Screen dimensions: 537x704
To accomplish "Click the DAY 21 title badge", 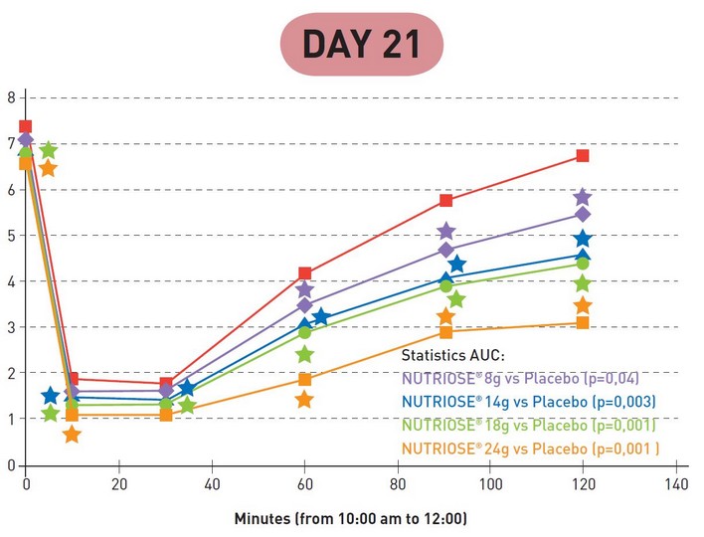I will click(359, 44).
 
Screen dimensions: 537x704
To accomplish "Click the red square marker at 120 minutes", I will click(583, 155).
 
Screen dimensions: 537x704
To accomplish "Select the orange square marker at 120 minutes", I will click(583, 322).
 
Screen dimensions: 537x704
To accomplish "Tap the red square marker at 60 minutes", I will click(304, 272).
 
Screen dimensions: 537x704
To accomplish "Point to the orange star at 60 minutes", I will click(304, 400).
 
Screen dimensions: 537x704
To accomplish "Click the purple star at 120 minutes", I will click(583, 197).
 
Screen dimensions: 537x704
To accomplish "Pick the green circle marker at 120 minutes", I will click(583, 264).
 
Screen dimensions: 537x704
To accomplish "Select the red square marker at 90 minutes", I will click(445, 200).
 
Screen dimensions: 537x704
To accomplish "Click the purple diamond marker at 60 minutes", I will click(304, 305).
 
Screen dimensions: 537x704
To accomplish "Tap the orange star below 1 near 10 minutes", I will click(72, 435).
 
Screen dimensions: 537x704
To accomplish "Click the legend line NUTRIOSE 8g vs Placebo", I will click(520, 378).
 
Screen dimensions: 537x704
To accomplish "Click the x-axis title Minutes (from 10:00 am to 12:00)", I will click(350, 518).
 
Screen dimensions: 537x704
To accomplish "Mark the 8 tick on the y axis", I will click(10, 97).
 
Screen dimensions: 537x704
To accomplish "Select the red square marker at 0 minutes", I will click(26, 126).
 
